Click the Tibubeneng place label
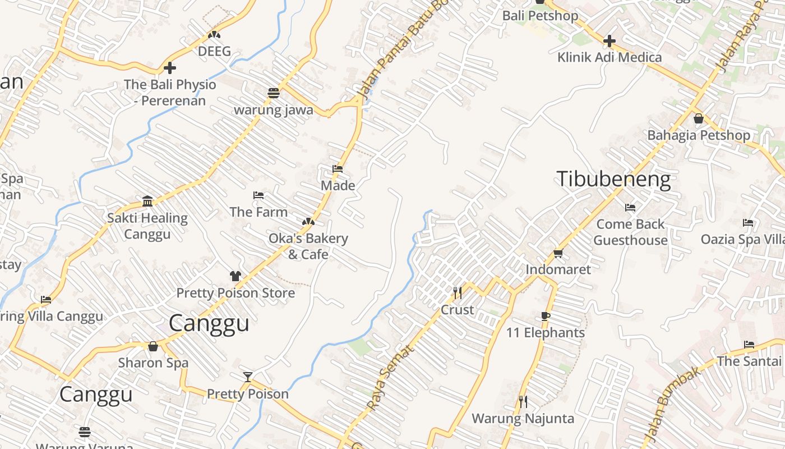click(613, 179)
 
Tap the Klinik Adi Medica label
click(609, 57)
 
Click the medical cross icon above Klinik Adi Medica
click(609, 41)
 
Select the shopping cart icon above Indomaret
click(558, 254)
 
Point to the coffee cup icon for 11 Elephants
click(546, 317)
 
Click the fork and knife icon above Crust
click(458, 293)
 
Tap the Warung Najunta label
click(523, 419)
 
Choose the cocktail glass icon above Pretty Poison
click(248, 377)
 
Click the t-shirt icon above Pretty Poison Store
click(235, 276)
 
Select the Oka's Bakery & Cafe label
click(308, 246)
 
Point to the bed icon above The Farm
click(258, 195)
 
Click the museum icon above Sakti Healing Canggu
click(147, 201)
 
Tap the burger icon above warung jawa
click(273, 93)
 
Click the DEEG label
click(214, 51)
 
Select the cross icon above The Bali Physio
click(170, 68)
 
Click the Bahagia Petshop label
click(698, 135)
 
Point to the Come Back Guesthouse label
click(630, 232)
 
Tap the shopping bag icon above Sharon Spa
click(153, 346)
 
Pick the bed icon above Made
click(338, 168)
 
